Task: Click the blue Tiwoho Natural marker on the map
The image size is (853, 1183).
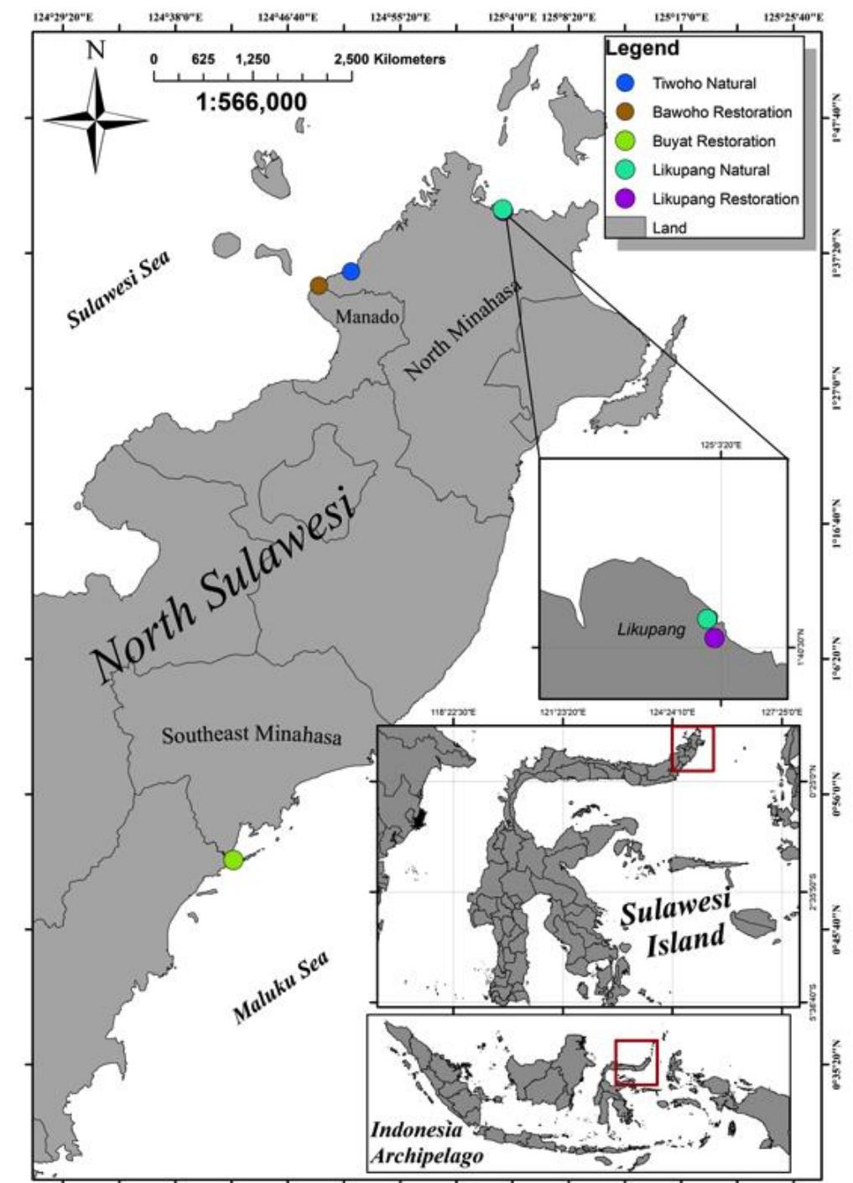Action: coord(351,271)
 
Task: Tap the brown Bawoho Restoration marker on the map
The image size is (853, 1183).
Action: coord(319,285)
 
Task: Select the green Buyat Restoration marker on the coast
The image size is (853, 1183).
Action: coord(233,859)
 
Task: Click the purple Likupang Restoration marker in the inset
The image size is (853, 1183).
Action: coord(714,638)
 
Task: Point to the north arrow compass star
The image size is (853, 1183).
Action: coord(96,120)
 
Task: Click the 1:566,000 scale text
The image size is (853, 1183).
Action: coord(252,102)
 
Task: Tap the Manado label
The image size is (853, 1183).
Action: coord(367,317)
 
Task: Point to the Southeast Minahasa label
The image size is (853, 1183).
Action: coord(252,735)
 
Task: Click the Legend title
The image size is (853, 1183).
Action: coord(642,48)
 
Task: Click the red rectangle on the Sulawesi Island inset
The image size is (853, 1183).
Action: coord(693,748)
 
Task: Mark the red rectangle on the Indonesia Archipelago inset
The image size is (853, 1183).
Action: coord(636,1062)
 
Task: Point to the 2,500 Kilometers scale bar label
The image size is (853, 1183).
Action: coord(389,60)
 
